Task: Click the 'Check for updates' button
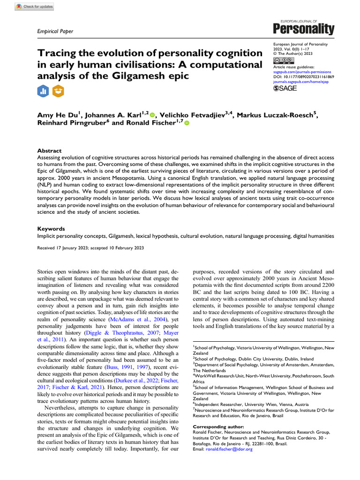[x=35, y=7]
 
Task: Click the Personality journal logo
[x=307, y=28]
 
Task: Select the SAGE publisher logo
[x=285, y=88]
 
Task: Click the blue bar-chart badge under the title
[x=43, y=91]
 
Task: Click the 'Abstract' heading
[x=49, y=150]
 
